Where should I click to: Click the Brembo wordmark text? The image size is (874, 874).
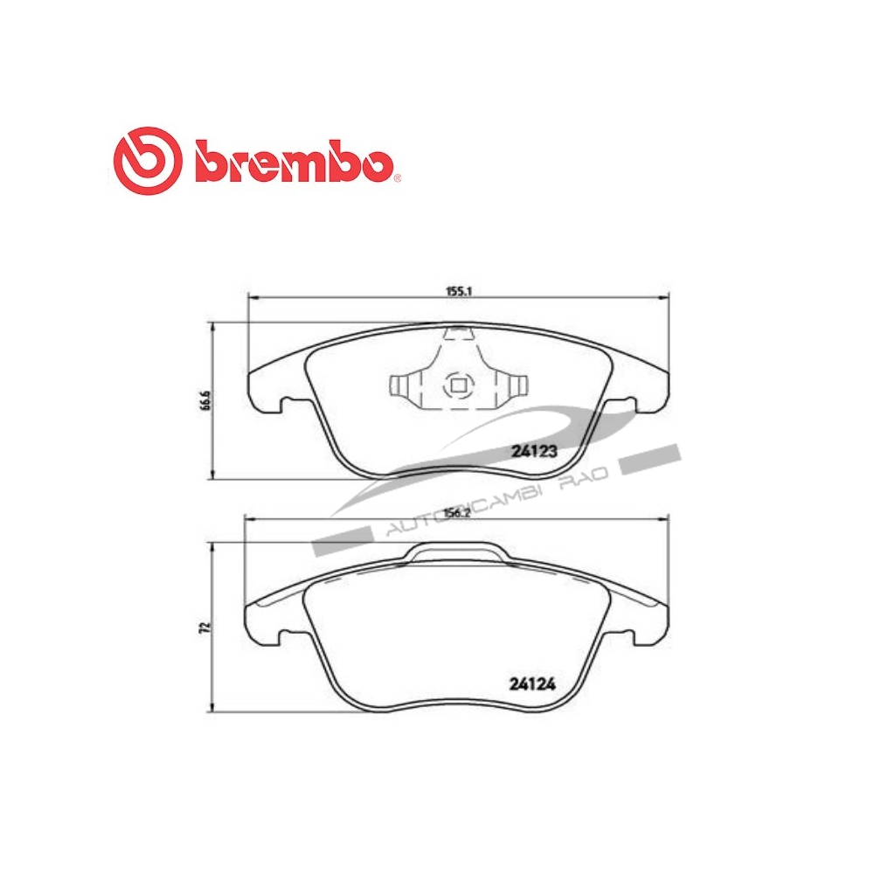tap(295, 163)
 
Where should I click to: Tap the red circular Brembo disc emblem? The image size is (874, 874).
tap(148, 161)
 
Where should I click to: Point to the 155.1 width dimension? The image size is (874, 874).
tap(457, 291)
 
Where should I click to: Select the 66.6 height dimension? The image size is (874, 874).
tap(205, 401)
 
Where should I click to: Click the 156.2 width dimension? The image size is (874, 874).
tap(456, 513)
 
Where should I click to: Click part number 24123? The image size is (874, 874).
tap(534, 452)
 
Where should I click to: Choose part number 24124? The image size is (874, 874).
tap(532, 684)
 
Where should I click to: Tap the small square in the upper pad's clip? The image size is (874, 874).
tap(459, 385)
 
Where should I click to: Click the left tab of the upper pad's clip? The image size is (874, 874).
tap(400, 385)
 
